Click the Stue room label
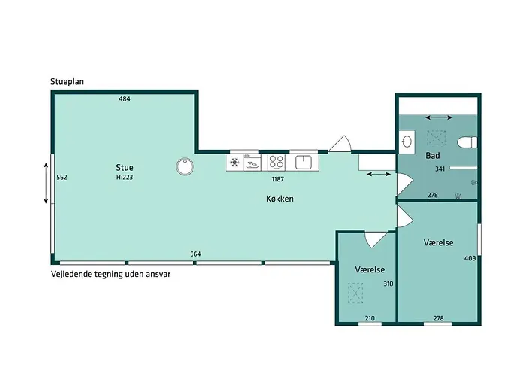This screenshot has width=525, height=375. pos(124,167)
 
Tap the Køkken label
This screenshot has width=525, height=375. pos(280,199)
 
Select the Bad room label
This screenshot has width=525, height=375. pos(433,156)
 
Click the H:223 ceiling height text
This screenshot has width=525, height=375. pos(124,178)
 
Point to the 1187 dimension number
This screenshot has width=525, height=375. pos(278,179)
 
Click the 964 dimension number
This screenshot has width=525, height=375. pos(196,253)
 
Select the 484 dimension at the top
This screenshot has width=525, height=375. pos(124,98)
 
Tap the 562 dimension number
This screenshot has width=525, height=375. pos(61,178)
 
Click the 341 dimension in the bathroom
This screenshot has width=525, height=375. pos(439,169)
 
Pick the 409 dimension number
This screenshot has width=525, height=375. pos(469,258)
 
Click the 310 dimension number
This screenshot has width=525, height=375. pos(388,283)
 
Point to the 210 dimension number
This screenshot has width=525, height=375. pos(370,318)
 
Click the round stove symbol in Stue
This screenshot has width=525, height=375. pos(184,166)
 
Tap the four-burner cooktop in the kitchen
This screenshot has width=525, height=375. pos(277,163)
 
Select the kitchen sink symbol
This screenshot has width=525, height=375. pos(304,163)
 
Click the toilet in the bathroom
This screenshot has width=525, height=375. pos(467,142)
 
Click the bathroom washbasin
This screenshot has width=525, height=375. pos(406,142)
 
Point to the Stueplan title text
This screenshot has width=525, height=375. pos(67,81)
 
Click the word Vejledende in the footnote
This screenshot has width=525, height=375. pos(69,274)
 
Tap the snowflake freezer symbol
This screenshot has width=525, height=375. pos(235,163)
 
